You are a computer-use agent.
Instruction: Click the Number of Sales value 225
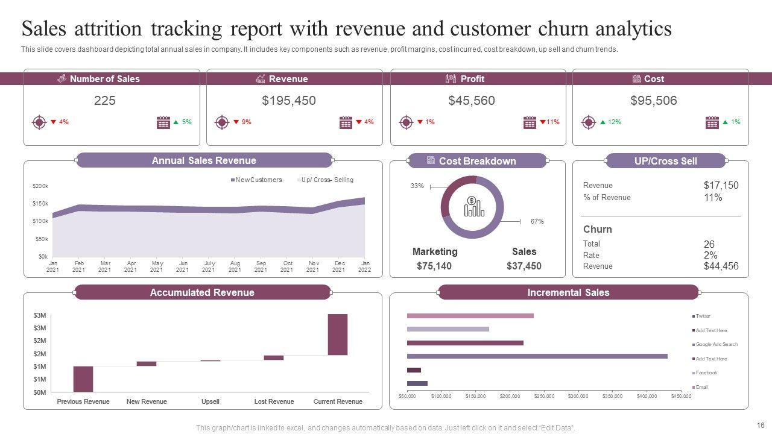[x=105, y=101]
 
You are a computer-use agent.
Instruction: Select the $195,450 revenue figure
[x=289, y=101]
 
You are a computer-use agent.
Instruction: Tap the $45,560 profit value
[x=472, y=101]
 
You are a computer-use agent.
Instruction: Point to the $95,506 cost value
[x=654, y=101]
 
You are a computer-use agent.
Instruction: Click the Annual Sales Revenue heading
[x=204, y=160]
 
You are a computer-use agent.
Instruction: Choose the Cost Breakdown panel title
[x=477, y=161]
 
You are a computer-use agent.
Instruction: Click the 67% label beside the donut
[x=537, y=221]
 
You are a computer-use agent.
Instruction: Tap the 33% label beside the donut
[x=417, y=186]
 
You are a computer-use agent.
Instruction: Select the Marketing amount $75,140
[x=434, y=266]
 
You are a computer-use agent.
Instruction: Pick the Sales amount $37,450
[x=524, y=266]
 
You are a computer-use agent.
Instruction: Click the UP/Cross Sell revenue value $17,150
[x=721, y=186]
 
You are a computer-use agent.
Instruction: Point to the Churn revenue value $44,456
[x=721, y=266]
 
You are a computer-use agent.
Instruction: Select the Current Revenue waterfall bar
[x=338, y=335]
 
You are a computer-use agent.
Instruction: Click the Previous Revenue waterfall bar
[x=83, y=379]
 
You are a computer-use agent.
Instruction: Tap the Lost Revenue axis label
[x=274, y=401]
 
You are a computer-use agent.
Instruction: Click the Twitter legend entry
[x=703, y=316]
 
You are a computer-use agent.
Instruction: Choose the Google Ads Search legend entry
[x=716, y=344]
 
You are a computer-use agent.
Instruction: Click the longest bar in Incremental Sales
[x=537, y=356]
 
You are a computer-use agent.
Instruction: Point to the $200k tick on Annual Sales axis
[x=40, y=186]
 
